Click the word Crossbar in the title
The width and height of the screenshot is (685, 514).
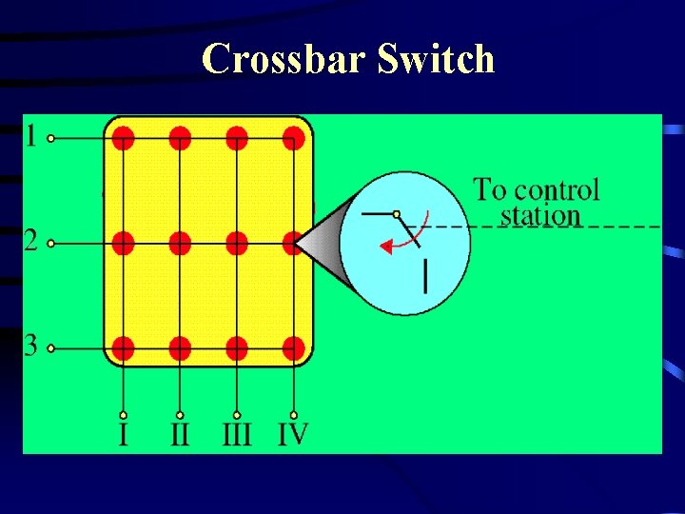[284, 59]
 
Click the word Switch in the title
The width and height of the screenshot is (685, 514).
[436, 59]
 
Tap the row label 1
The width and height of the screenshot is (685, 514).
[31, 137]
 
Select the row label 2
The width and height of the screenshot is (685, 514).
[31, 242]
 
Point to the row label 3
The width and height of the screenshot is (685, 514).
[31, 346]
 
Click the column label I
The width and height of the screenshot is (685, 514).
[123, 436]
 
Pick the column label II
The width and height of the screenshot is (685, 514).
[180, 436]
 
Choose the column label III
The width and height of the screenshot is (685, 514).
[236, 436]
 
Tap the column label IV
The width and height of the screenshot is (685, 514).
[293, 435]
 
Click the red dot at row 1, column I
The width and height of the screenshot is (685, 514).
[123, 139]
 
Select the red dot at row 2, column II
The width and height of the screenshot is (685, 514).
[180, 244]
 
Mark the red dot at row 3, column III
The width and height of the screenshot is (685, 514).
[237, 347]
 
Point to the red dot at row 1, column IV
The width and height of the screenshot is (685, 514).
[294, 139]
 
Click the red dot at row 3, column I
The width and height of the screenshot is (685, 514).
[123, 347]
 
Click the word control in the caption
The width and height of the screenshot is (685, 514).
[555, 189]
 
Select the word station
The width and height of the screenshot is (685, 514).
[540, 215]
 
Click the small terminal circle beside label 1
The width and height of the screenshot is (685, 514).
[51, 138]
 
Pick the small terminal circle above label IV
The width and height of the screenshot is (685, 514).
[294, 415]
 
